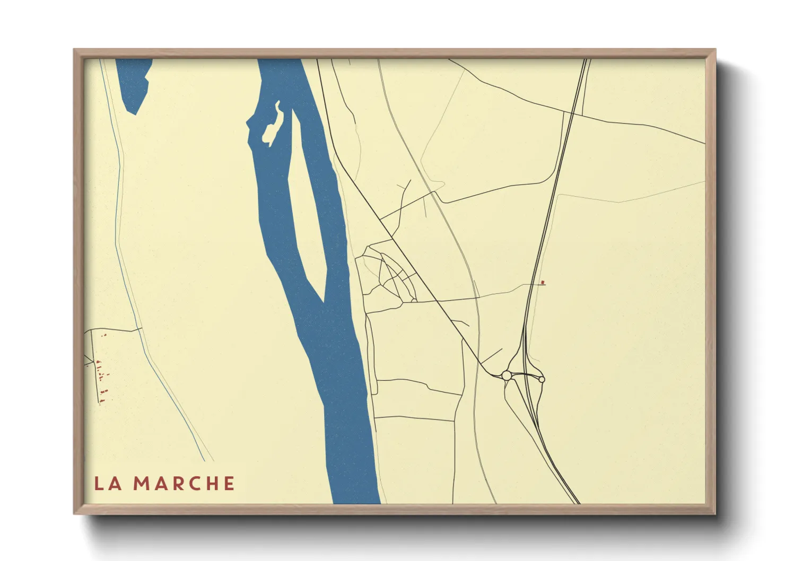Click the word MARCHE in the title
184,484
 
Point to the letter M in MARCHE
141,484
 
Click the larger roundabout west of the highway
507,375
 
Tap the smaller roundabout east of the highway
541,379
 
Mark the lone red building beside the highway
542,283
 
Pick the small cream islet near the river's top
273,125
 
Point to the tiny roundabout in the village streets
414,301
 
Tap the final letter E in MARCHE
229,484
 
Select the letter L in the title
99,484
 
